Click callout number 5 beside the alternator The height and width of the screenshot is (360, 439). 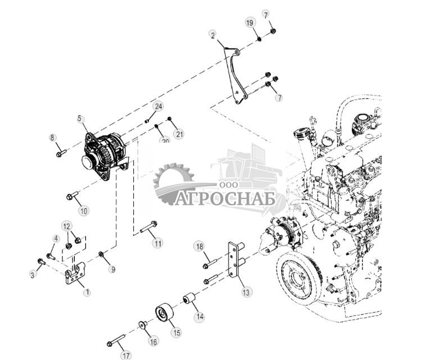point(80,119)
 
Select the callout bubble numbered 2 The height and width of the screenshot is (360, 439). point(212,35)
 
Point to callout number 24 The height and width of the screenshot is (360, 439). point(158,106)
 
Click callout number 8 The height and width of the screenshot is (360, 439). point(52,138)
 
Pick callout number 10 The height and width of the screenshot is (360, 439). point(84,211)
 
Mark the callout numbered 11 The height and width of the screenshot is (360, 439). point(157,243)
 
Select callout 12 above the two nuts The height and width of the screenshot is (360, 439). point(67,226)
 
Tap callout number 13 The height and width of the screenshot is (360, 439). point(246,291)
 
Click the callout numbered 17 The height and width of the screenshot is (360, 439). point(125,354)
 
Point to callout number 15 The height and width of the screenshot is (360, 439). point(176,332)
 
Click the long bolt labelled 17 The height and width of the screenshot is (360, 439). point(115,340)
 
